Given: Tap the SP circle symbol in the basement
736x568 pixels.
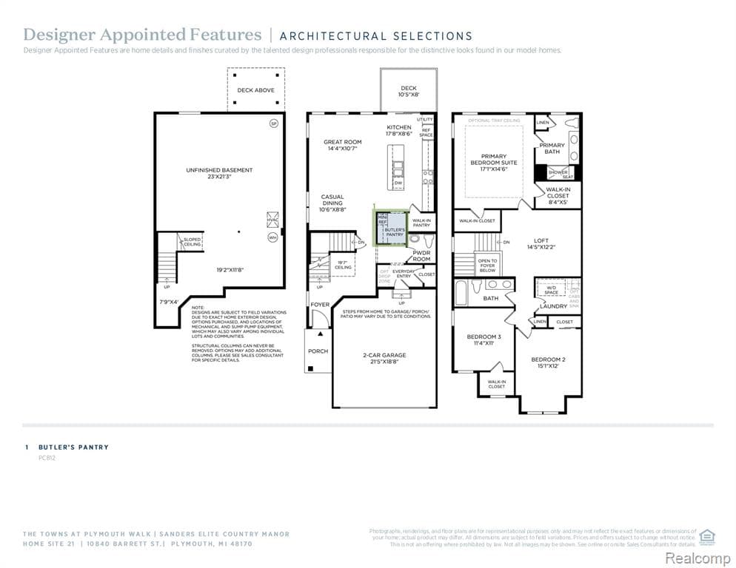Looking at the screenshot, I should pyautogui.click(x=273, y=124).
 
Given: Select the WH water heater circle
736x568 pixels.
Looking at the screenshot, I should pyautogui.click(x=272, y=237).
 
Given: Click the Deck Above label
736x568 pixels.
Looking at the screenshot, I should pyautogui.click(x=255, y=90).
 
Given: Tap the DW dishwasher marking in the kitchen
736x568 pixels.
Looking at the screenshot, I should pyautogui.click(x=398, y=183).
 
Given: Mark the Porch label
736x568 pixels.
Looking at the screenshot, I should pyautogui.click(x=318, y=351).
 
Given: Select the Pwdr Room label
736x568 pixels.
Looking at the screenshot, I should pyautogui.click(x=421, y=255).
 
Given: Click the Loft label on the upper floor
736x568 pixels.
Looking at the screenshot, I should pyautogui.click(x=541, y=241).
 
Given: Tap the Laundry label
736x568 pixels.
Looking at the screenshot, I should pyautogui.click(x=553, y=305).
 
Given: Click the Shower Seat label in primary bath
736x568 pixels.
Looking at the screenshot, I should pyautogui.click(x=558, y=174).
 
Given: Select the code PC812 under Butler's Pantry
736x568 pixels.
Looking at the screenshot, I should pyautogui.click(x=47, y=458).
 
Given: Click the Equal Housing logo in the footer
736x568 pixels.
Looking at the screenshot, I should pyautogui.click(x=706, y=535).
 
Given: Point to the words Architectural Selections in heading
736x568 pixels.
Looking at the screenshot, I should pyautogui.click(x=376, y=35).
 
